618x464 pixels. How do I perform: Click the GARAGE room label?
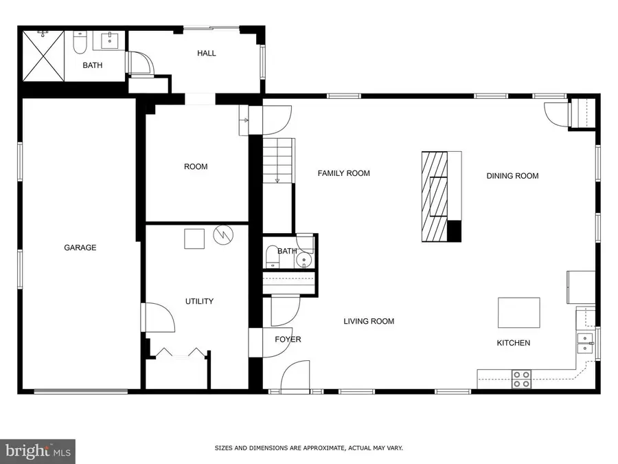click(80, 247)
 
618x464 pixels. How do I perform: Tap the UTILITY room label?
click(199, 301)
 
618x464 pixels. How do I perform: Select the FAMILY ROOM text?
click(343, 173)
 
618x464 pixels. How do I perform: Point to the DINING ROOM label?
click(512, 176)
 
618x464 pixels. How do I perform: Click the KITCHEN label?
click(514, 342)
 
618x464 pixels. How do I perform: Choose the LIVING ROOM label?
click(369, 321)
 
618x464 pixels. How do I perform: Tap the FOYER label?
click(288, 340)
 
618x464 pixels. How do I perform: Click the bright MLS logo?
click(37, 452)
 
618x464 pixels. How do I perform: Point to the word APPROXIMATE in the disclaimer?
click(304, 448)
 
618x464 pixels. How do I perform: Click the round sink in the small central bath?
click(304, 261)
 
